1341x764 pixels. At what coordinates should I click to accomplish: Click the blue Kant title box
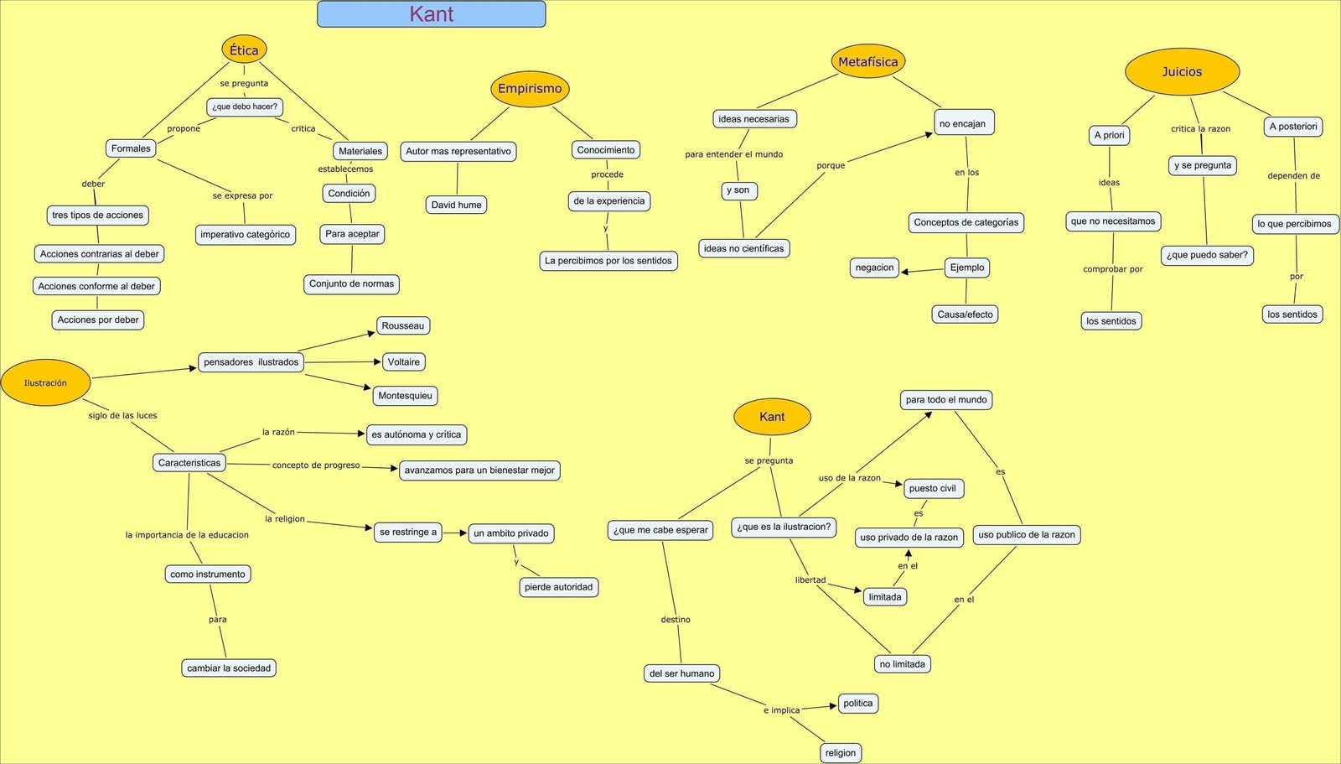click(431, 14)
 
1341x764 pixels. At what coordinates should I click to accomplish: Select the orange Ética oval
click(244, 49)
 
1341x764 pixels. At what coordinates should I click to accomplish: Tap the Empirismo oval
click(530, 89)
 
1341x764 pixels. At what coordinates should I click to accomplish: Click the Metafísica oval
click(867, 62)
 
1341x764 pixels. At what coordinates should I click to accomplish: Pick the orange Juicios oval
click(1182, 72)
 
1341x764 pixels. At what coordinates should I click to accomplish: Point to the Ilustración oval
click(45, 383)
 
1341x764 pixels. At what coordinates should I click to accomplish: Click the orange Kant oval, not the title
click(772, 417)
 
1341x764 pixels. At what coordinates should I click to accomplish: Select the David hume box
click(456, 205)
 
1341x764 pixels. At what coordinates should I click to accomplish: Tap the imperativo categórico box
click(245, 235)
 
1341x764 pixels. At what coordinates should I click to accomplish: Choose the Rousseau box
click(403, 325)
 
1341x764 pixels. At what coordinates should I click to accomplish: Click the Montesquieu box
click(405, 396)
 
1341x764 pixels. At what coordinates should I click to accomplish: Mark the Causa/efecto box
click(965, 314)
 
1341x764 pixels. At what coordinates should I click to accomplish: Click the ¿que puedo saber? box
click(1207, 255)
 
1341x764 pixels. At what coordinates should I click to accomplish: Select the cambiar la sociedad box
click(229, 668)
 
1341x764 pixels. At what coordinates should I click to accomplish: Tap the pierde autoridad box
click(558, 587)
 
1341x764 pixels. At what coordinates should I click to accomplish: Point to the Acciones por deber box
click(98, 320)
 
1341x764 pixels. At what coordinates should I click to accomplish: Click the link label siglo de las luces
click(122, 415)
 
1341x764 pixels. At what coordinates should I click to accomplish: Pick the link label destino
click(676, 620)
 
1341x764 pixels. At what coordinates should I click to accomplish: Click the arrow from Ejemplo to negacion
click(922, 270)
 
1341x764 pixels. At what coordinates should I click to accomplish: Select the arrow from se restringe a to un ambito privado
click(455, 533)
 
